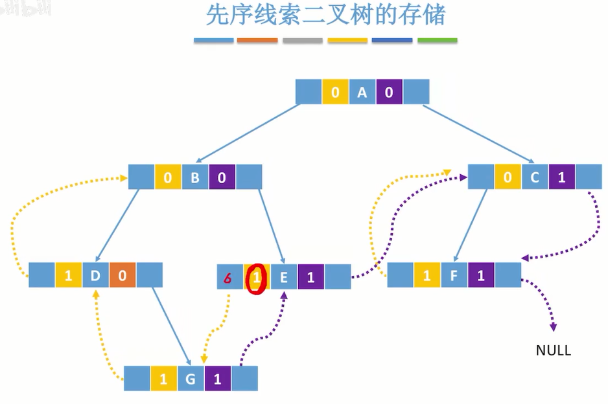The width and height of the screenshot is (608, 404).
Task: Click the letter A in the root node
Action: [x=362, y=93]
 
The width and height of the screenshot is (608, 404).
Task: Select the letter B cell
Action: [x=194, y=177]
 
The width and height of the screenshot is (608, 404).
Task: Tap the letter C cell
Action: [x=535, y=177]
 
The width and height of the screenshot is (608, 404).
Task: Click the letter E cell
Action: [x=283, y=277]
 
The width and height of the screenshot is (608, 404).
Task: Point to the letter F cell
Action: [x=454, y=275]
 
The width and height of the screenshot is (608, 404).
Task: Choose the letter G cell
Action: [x=191, y=379]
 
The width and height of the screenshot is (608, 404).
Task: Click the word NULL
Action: [x=553, y=350]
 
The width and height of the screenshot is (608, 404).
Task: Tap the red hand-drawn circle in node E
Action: [x=258, y=278]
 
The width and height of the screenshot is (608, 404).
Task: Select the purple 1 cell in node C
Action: [x=562, y=177]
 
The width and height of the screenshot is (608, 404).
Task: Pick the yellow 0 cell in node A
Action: [x=335, y=93]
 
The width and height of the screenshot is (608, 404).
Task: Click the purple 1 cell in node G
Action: [x=218, y=379]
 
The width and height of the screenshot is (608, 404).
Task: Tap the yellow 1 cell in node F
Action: [x=427, y=275]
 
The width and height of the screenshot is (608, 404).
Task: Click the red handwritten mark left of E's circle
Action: [x=228, y=279]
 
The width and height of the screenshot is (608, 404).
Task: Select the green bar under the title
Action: [x=437, y=41]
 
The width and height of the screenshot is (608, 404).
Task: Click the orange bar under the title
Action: [x=257, y=41]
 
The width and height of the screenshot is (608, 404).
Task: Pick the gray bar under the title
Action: [x=302, y=41]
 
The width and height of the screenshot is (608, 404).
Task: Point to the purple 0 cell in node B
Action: [x=222, y=177]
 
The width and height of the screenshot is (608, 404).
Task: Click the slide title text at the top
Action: [x=325, y=15]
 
